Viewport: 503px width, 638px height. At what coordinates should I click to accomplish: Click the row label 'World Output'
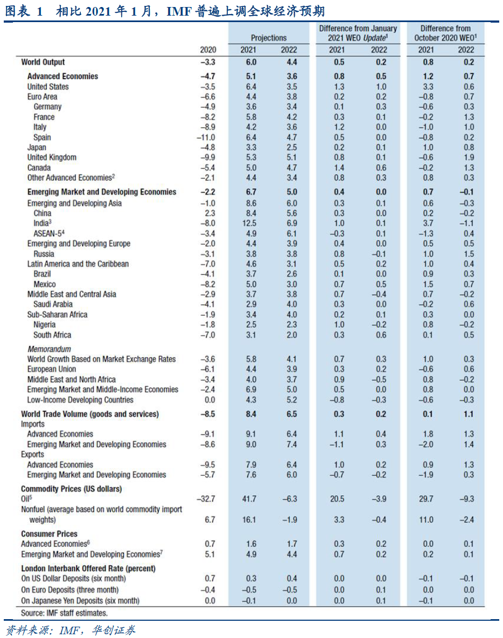point(43,62)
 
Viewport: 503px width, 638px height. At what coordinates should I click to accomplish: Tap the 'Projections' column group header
point(269,38)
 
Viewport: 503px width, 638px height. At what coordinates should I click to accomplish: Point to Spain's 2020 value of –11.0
point(206,137)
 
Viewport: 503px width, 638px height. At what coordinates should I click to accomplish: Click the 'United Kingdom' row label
point(52,157)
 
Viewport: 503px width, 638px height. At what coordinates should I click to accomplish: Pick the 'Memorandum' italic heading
point(49,349)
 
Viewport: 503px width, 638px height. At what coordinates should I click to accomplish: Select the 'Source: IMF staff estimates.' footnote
point(64,613)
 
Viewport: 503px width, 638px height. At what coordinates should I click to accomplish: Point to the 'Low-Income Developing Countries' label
point(80,400)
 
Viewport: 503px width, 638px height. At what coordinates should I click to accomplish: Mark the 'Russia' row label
point(44,254)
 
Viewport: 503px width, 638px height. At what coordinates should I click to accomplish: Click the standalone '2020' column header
point(207,50)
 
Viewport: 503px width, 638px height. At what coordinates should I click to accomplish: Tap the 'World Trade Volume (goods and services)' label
point(90,414)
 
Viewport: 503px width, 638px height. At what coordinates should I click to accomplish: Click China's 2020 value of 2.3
point(209,213)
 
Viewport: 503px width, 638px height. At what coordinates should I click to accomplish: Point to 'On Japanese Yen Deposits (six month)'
point(80,600)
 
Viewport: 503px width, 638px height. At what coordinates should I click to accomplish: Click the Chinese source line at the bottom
point(71,629)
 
